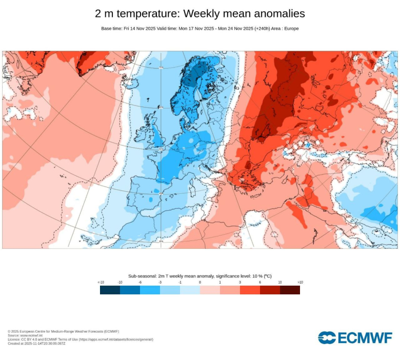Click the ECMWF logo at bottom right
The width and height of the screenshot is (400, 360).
click(x=355, y=337)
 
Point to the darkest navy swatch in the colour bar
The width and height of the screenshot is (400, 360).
click(x=110, y=290)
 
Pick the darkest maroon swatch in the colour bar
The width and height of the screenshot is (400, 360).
click(x=290, y=290)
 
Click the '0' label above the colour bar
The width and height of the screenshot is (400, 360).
click(x=200, y=283)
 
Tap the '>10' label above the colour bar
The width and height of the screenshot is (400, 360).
click(x=300, y=283)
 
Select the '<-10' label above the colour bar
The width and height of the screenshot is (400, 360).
click(x=101, y=283)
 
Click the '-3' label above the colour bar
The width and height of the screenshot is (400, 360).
click(x=160, y=283)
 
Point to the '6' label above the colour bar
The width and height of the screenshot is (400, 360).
click(x=260, y=283)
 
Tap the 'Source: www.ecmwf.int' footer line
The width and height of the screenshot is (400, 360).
click(x=25, y=335)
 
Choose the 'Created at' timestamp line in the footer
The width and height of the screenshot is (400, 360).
click(x=36, y=344)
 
